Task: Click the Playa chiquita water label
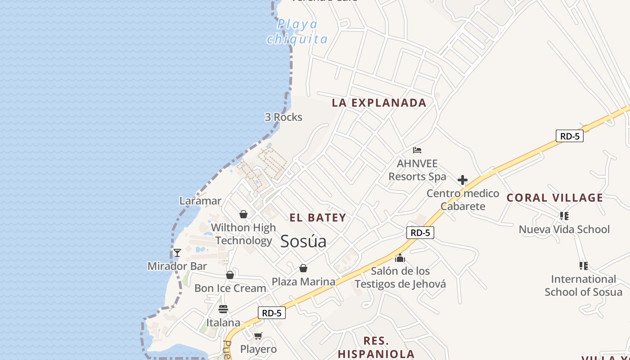point(297,31)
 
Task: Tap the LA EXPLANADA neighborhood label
point(379,103)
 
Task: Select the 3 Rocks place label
point(283,117)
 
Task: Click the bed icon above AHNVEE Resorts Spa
point(417,150)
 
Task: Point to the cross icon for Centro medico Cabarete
point(462,180)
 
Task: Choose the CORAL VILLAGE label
point(555,198)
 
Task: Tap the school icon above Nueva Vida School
point(564,216)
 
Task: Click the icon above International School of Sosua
point(584,266)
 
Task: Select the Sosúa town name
point(303,241)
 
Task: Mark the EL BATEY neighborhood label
point(318,218)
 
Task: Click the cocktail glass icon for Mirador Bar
point(177,253)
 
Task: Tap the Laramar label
point(200,201)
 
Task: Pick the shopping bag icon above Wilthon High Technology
point(243,214)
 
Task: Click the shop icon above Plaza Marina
point(303,268)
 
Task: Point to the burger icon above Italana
point(223,309)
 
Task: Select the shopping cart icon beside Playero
point(258,336)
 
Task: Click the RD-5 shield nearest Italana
point(272,313)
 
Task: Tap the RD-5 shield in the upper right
point(569,136)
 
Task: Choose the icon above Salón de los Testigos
point(400,258)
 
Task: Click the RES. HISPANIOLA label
point(376,347)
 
